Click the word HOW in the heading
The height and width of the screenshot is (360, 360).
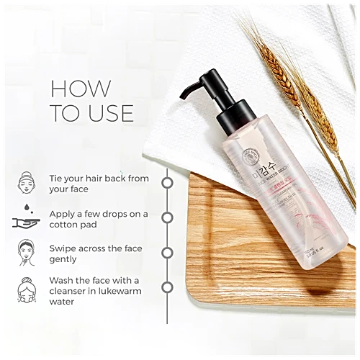point(80,89)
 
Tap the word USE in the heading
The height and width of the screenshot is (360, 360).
point(107,112)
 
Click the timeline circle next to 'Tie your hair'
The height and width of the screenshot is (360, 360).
point(167,182)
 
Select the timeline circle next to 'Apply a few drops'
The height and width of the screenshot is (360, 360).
point(167,217)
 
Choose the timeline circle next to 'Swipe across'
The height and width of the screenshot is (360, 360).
point(167,252)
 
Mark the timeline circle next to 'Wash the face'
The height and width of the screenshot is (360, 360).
point(167,287)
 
